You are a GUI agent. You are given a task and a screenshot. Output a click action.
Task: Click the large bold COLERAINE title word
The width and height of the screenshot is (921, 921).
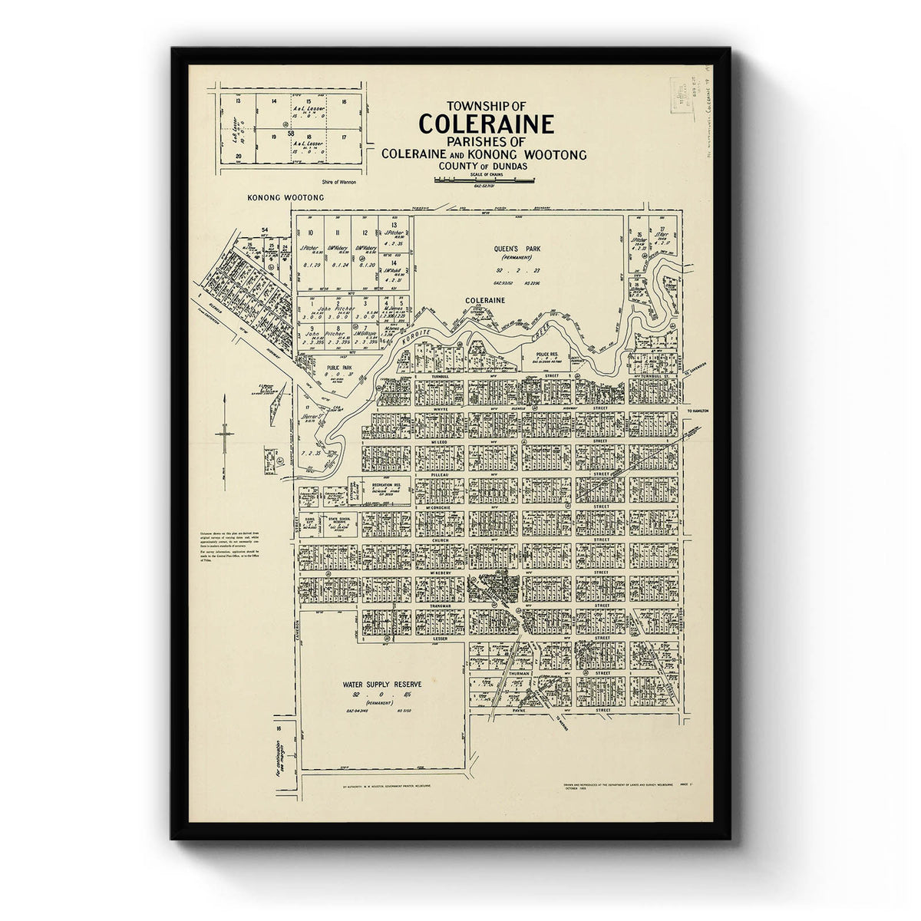pos(484,124)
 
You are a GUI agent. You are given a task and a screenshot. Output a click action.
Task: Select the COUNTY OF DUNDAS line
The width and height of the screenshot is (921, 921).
pos(484,167)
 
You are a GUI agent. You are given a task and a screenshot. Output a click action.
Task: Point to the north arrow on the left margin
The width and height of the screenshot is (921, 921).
pos(223,430)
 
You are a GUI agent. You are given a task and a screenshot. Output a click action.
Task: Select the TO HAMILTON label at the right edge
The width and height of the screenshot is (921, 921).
pos(701,411)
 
